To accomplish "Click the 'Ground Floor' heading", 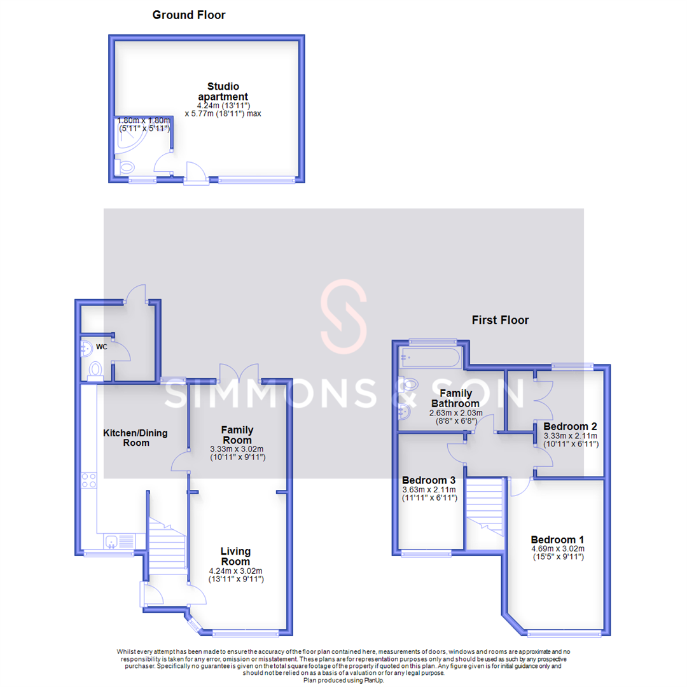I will pyautogui.click(x=189, y=15).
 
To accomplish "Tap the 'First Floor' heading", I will pyautogui.click(x=500, y=320).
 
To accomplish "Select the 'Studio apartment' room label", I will pyautogui.click(x=223, y=92).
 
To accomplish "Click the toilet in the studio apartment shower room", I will pyautogui.click(x=126, y=167).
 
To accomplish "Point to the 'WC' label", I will pyautogui.click(x=102, y=347).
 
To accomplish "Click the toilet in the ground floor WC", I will pyautogui.click(x=95, y=370).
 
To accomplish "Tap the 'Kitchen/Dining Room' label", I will pyautogui.click(x=135, y=438).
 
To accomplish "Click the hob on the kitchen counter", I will pyautogui.click(x=89, y=480).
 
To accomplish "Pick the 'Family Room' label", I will pyautogui.click(x=237, y=435).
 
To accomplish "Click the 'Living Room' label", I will pyautogui.click(x=235, y=557).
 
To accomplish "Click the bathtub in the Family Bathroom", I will pyautogui.click(x=427, y=359).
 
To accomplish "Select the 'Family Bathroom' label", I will pyautogui.click(x=455, y=398).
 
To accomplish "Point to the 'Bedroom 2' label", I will pyautogui.click(x=570, y=426).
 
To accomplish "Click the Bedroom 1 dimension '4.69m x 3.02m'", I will pyautogui.click(x=557, y=548).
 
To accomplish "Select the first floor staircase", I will pyautogui.click(x=485, y=509).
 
